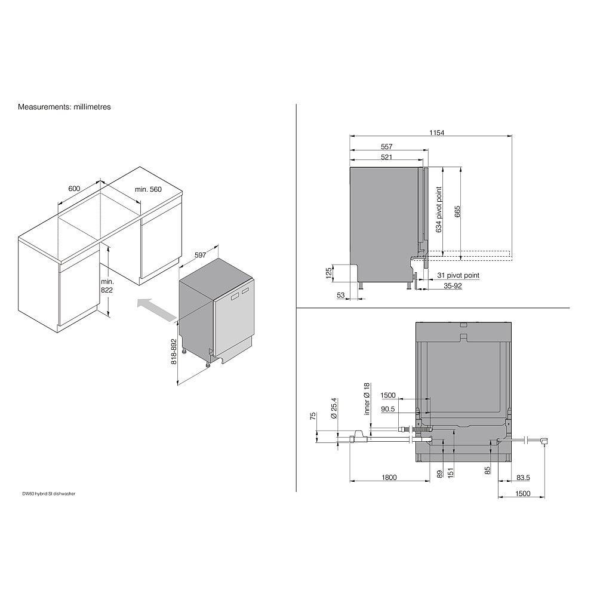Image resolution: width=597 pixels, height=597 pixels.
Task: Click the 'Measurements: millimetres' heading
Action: (64, 107)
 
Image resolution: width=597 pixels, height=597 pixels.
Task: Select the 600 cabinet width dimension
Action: (74, 189)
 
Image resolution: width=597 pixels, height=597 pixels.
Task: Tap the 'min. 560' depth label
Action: (148, 189)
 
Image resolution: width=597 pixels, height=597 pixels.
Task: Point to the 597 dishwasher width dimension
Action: (200, 255)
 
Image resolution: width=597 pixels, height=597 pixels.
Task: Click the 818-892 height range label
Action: (174, 352)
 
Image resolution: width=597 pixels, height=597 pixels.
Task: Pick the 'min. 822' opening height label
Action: (107, 285)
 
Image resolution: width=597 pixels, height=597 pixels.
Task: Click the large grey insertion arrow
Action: (156, 309)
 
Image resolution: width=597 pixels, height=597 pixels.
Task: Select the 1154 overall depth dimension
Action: (437, 133)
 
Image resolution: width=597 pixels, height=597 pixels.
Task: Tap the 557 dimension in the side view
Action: (386, 147)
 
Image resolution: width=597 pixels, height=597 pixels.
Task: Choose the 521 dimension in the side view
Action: (386, 157)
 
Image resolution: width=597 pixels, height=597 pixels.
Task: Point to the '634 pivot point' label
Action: (439, 210)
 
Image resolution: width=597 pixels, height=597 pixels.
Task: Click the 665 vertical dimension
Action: (457, 212)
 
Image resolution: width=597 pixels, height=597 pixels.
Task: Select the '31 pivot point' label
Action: (458, 275)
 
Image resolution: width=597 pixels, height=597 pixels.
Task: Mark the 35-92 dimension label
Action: (453, 285)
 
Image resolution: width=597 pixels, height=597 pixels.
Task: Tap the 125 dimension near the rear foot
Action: (329, 273)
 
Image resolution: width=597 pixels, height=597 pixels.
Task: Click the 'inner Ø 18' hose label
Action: (367, 399)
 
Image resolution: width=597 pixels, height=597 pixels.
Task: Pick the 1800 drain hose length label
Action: (389, 478)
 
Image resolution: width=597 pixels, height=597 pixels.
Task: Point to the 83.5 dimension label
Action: (523, 478)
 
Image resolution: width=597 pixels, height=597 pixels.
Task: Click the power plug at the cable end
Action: (544, 442)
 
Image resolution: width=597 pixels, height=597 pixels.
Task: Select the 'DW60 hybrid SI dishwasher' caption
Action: (49, 494)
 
